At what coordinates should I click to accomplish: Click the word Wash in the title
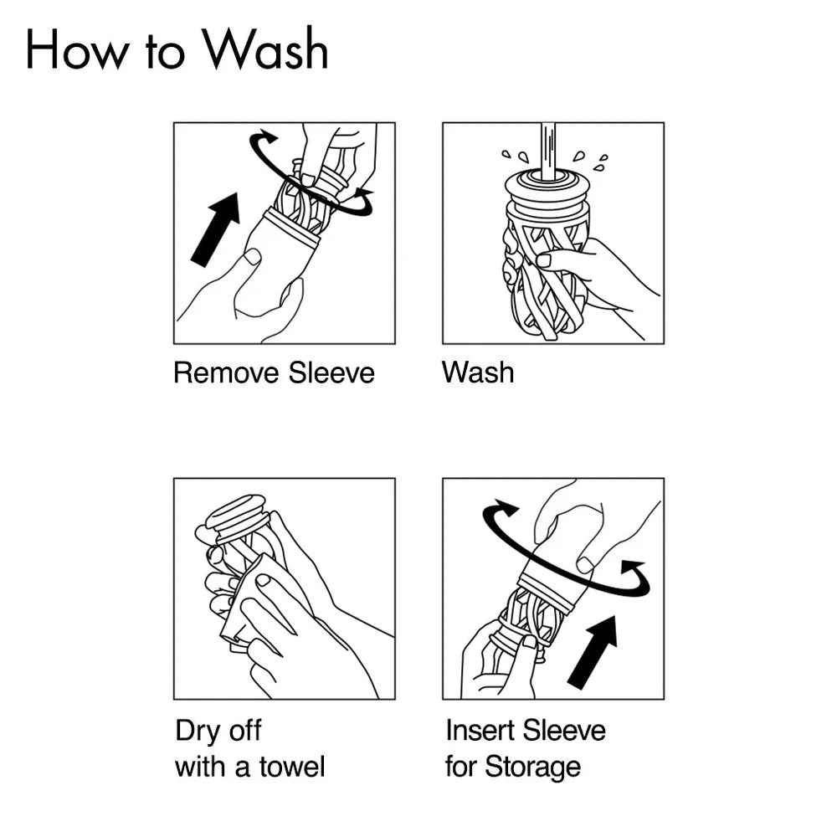(269, 49)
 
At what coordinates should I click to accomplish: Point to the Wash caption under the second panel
(478, 372)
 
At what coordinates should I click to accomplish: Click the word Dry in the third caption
(194, 731)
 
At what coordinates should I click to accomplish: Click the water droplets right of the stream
(591, 161)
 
